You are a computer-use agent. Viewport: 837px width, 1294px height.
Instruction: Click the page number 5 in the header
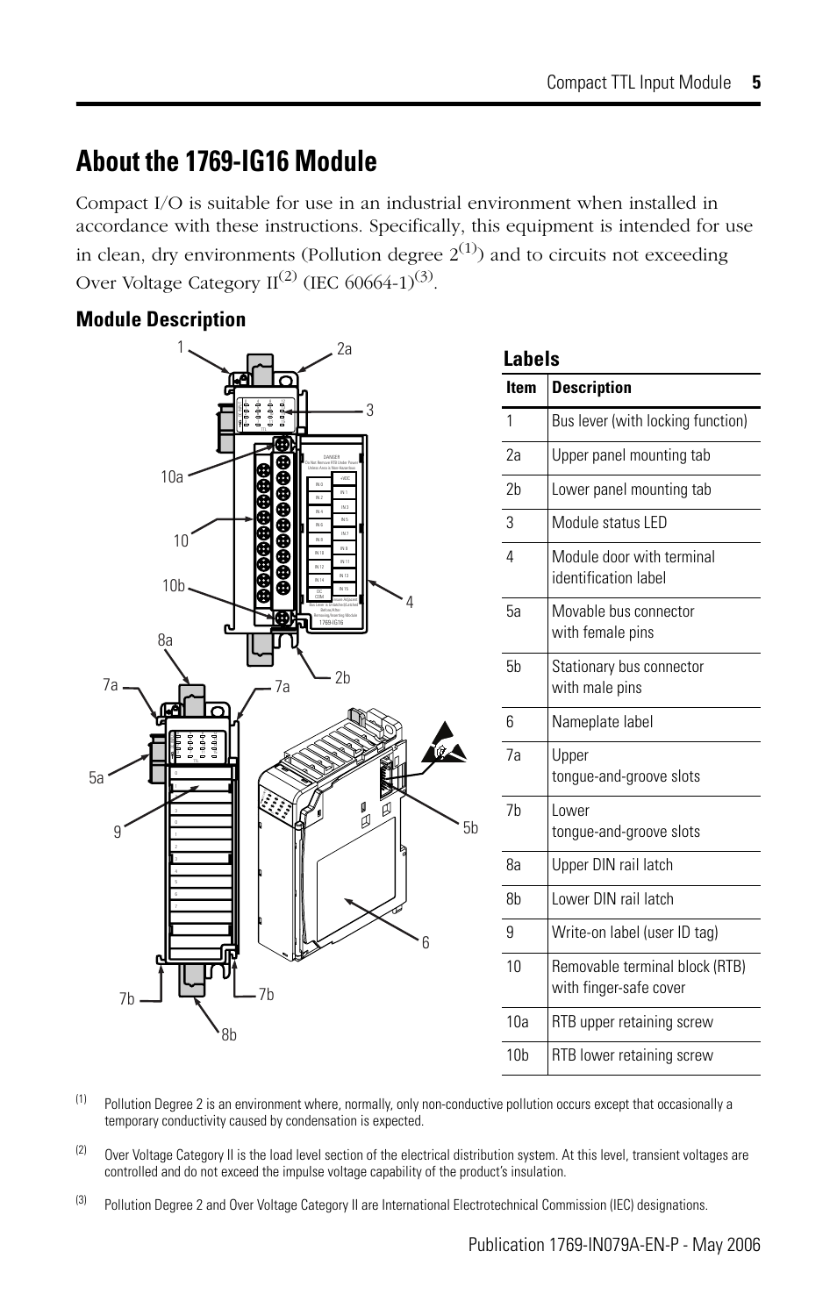(755, 82)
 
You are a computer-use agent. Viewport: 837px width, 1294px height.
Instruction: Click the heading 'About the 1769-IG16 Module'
(226, 161)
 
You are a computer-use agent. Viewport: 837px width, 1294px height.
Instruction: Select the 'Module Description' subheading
(161, 319)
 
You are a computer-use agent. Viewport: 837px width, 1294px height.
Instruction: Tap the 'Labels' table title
(531, 359)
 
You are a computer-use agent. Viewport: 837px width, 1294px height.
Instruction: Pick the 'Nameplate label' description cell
(602, 722)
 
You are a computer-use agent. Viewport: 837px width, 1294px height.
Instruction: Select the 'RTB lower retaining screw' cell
(632, 1055)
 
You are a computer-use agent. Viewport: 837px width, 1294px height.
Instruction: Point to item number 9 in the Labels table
(511, 933)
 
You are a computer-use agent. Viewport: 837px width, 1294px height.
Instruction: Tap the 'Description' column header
(591, 388)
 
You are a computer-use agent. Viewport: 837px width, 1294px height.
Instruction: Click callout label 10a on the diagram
(172, 476)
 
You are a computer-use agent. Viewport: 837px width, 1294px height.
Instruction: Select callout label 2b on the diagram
(342, 677)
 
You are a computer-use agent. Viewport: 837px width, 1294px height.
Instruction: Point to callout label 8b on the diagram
(229, 1035)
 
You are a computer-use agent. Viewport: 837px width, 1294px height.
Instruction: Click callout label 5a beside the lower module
(96, 776)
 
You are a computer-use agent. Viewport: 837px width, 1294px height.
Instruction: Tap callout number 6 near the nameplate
(426, 942)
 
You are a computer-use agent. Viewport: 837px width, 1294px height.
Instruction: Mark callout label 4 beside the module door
(409, 602)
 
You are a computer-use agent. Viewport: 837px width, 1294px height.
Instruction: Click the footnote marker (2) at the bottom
(81, 1149)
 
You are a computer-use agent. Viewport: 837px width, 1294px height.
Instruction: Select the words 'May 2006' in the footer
(729, 1245)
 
